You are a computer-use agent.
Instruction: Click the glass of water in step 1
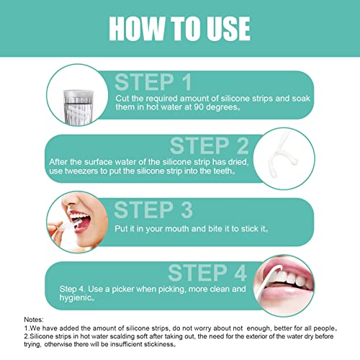click(x=76, y=99)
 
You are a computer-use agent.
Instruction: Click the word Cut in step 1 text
click(x=123, y=98)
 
